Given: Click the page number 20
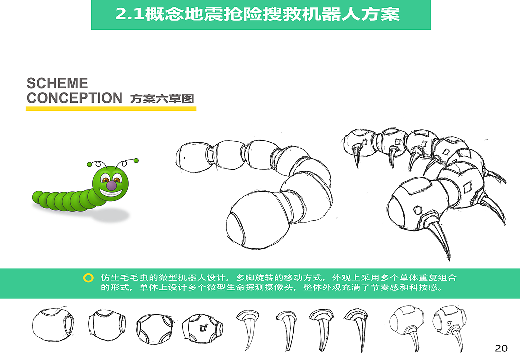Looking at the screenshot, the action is coord(501,348).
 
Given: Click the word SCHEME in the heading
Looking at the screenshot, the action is coord(57,83).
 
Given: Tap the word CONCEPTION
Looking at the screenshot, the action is coord(74,98).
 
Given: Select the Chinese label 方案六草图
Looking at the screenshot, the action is coord(162,99).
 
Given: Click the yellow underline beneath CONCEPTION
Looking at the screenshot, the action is coord(111,108).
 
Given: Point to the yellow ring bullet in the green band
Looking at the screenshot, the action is coord(88,278).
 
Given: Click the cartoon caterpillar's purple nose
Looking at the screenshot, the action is coord(112,185).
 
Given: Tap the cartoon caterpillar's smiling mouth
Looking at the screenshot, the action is coord(111,193).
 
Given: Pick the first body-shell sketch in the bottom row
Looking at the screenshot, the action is coord(53,325).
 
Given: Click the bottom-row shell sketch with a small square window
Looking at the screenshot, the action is coord(202,328).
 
